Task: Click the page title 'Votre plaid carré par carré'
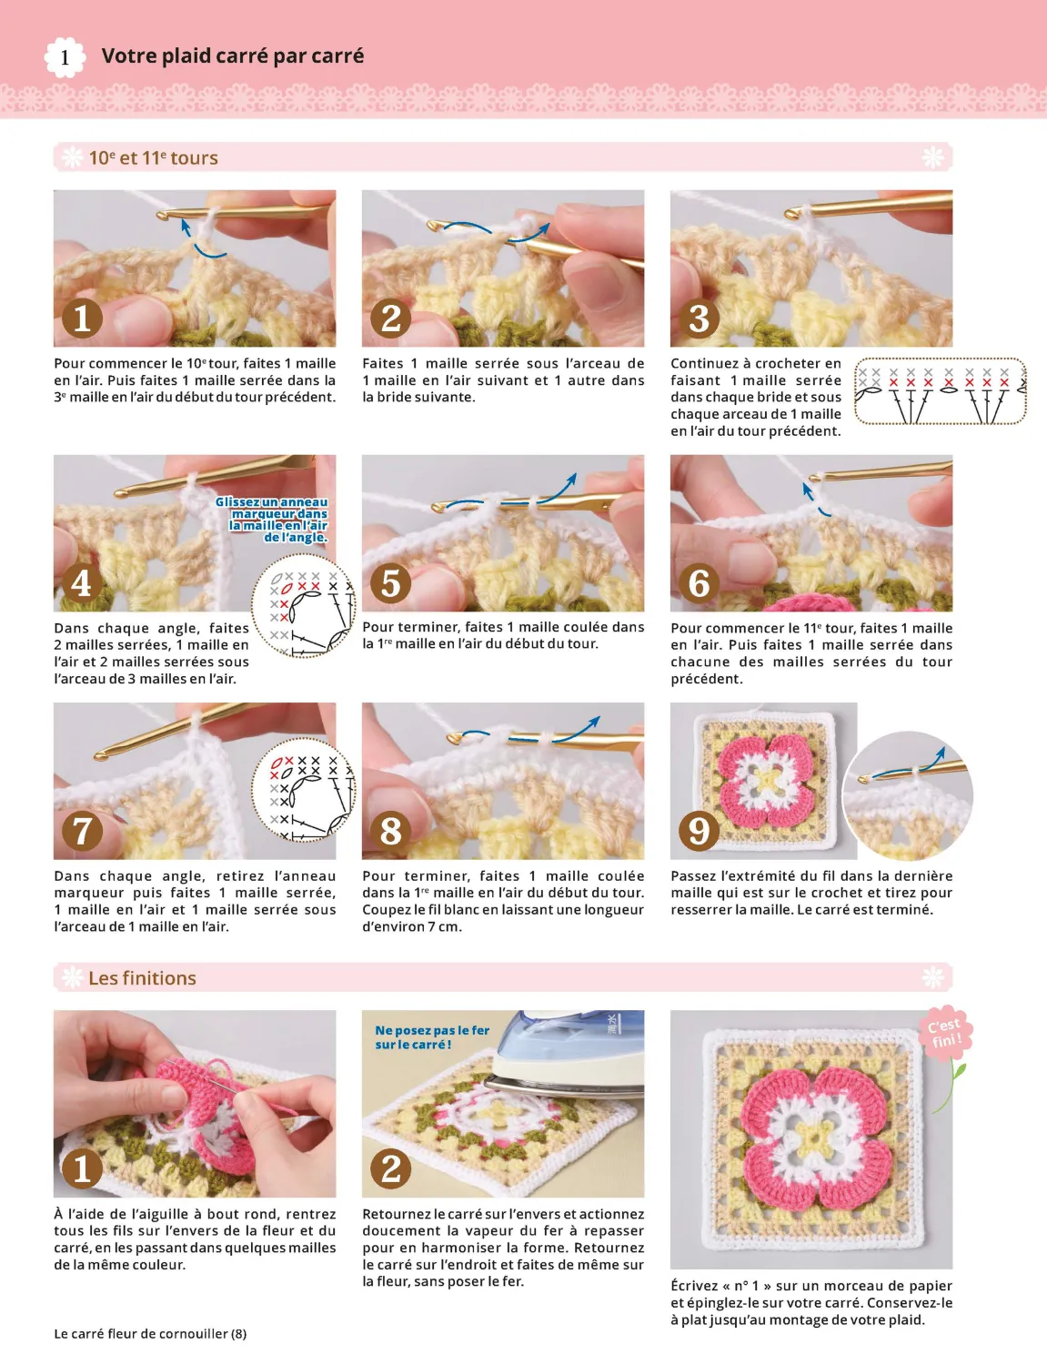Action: coord(232,56)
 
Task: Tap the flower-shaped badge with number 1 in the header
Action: coord(65,58)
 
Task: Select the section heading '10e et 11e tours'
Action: coord(153,158)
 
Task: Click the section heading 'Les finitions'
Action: coord(142,978)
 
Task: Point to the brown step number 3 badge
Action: coord(699,318)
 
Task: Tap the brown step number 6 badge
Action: coord(699,583)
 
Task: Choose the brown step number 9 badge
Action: coord(699,831)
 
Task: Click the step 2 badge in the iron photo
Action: coord(391,1168)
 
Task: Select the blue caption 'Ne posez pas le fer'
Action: coord(431,1031)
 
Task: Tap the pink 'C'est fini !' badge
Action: coord(944,1033)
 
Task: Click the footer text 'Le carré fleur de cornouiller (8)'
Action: coord(150,1334)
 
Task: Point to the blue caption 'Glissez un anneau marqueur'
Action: coord(272,520)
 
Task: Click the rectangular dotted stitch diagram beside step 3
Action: coord(940,391)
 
